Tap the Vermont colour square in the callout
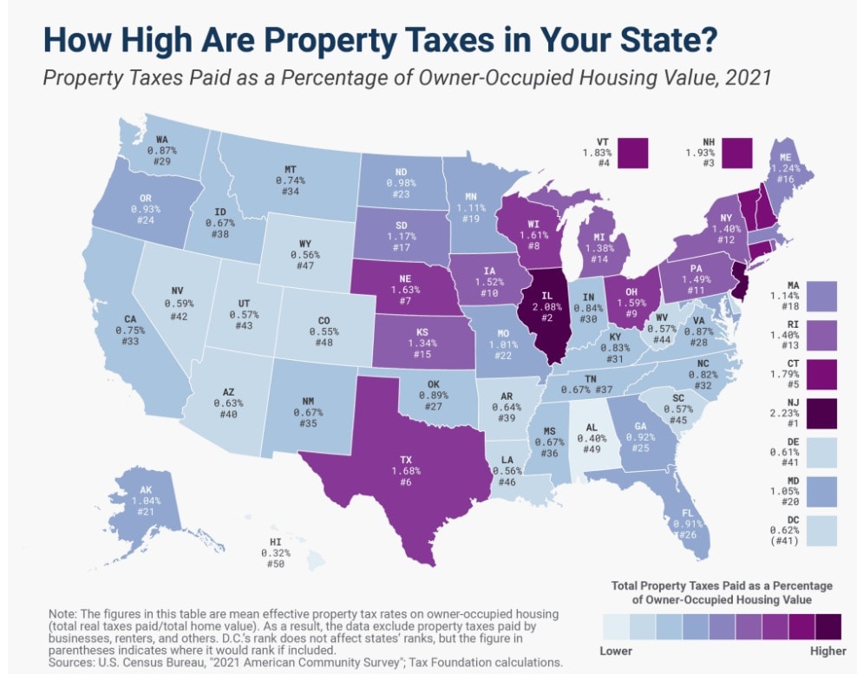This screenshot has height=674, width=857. click(634, 154)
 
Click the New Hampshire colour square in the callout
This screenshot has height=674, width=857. click(738, 154)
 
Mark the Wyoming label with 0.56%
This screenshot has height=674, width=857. click(306, 255)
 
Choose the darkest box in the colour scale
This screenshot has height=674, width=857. click(828, 626)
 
